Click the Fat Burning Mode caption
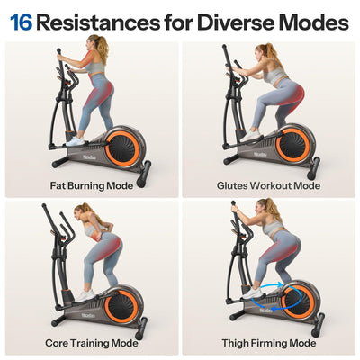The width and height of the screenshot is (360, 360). (x=91, y=186)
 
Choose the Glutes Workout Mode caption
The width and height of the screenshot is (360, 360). (x=268, y=186)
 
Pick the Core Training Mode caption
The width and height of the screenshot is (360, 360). (x=91, y=343)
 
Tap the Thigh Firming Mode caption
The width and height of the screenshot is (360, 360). (x=268, y=343)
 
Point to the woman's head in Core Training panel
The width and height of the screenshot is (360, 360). (x=80, y=211)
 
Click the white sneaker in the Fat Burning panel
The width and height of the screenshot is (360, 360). (x=76, y=140)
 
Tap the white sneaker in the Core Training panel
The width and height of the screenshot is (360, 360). (x=85, y=295)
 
